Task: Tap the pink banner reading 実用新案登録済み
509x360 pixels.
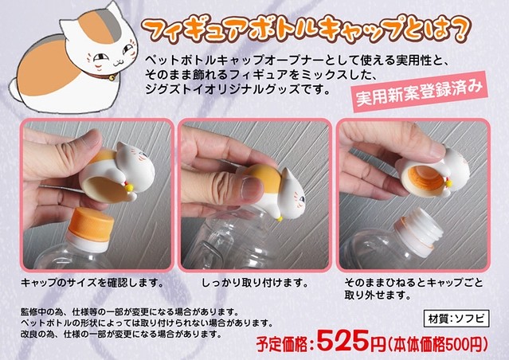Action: [419, 92]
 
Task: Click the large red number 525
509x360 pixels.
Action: [343, 341]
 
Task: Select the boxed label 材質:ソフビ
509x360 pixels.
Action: [456, 319]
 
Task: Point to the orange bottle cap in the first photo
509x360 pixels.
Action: [92, 225]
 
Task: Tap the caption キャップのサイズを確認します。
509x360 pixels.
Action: [92, 283]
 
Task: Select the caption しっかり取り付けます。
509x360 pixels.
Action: [255, 283]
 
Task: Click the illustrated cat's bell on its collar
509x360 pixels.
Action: [112, 78]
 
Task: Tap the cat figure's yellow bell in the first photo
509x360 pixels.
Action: [129, 187]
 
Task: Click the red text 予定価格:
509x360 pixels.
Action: [286, 345]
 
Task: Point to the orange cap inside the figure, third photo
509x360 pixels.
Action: [426, 178]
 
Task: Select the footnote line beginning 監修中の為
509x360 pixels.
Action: [130, 312]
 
